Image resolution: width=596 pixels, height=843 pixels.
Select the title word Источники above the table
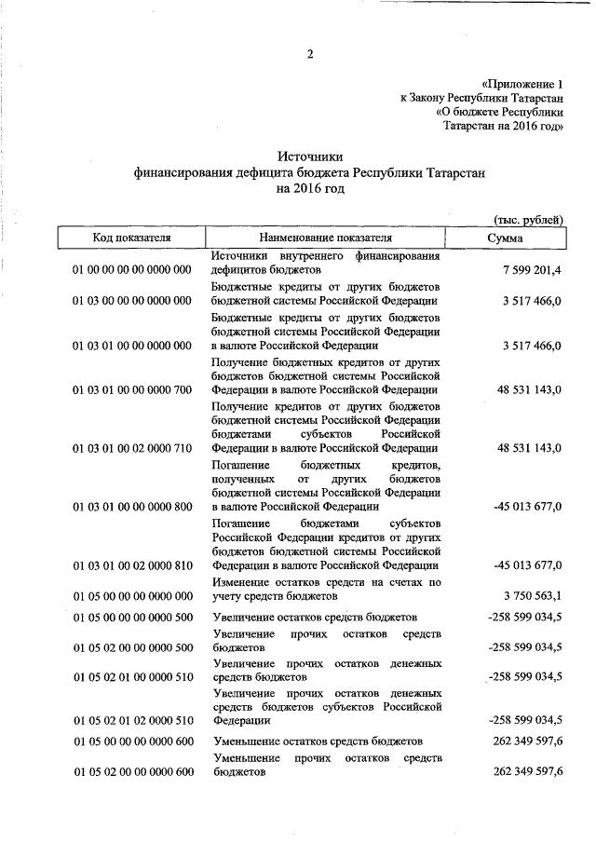pos(309,157)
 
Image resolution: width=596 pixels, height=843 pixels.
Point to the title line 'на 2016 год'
pos(309,188)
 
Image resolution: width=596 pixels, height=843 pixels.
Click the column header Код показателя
pos(131,238)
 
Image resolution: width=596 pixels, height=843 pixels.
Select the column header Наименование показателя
pos(326,238)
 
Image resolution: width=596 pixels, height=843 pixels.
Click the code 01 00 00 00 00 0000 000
pos(131,270)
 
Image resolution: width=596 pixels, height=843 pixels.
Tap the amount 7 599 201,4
pos(532,270)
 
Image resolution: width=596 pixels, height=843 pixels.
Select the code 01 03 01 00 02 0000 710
pos(131,448)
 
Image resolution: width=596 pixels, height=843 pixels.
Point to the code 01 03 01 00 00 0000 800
pos(131,507)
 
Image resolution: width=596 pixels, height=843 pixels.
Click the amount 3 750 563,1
pos(532,596)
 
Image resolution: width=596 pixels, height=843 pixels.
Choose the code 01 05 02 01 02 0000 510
pos(131,720)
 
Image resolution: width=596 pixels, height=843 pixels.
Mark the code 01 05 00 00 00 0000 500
pos(131,617)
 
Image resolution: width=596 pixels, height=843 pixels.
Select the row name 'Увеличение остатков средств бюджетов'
pos(314,617)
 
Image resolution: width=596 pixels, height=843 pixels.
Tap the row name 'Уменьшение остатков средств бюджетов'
pos(317,741)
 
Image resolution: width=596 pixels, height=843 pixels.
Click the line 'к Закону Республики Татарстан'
pos(481,96)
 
